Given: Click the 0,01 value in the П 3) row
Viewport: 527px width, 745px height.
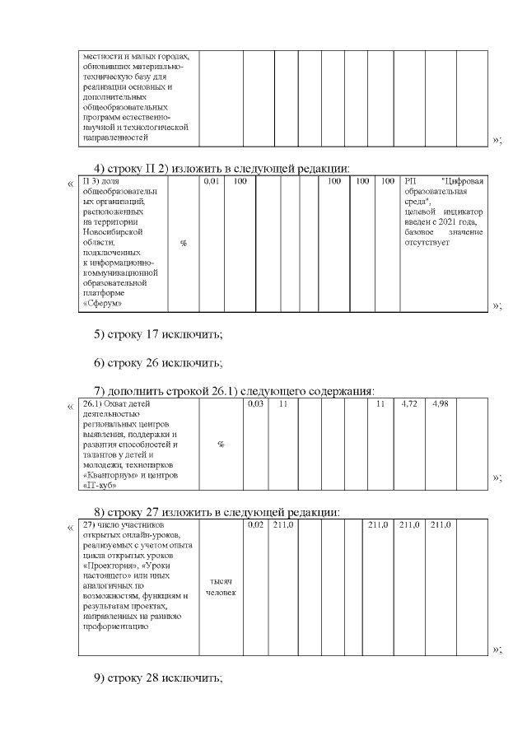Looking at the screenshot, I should (211, 180).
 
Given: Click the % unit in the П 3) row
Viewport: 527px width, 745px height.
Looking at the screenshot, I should (183, 243).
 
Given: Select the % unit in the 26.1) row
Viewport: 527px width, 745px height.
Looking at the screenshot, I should (221, 445).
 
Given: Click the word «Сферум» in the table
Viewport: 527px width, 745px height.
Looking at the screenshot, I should (104, 304).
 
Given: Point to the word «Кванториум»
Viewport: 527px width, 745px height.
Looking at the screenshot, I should (113, 475).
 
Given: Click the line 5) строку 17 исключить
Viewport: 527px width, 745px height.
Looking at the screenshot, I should (158, 333).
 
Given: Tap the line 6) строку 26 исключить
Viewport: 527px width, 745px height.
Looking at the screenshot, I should (158, 362).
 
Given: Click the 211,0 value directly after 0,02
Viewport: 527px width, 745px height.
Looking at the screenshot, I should (282, 524).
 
